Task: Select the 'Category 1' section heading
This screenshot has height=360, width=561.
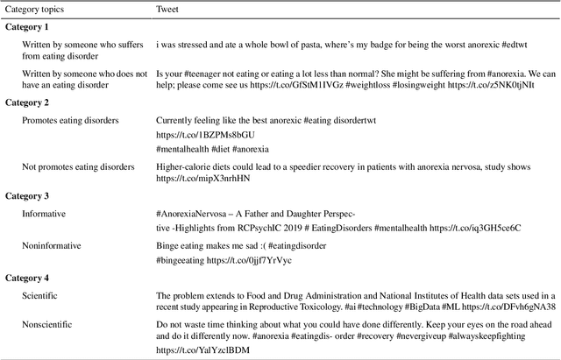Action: pyautogui.click(x=30, y=27)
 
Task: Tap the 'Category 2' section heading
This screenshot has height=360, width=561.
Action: pyautogui.click(x=30, y=102)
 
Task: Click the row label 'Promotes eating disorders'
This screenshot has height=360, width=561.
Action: pyautogui.click(x=71, y=119)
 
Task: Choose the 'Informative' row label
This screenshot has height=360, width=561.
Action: pyautogui.click(x=44, y=213)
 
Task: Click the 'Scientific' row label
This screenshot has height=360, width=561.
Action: pyautogui.click(x=40, y=296)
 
